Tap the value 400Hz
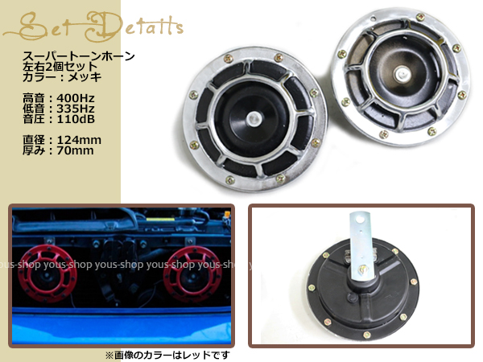tap(76, 98)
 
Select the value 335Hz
tap(76, 109)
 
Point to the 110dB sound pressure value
tap(76, 119)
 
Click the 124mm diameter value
tap(79, 140)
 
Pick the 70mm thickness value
tap(76, 150)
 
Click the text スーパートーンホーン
tap(79, 56)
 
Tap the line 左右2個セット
tap(60, 67)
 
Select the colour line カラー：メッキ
tap(62, 77)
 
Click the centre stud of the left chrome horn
tap(254, 119)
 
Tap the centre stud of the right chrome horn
tap(402, 74)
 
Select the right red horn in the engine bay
tap(192, 275)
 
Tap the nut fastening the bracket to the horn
tap(363, 270)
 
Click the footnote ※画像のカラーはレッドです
tap(167, 356)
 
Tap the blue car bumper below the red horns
tap(122, 327)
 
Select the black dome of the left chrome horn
tap(252, 119)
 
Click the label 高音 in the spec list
tap(33, 98)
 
